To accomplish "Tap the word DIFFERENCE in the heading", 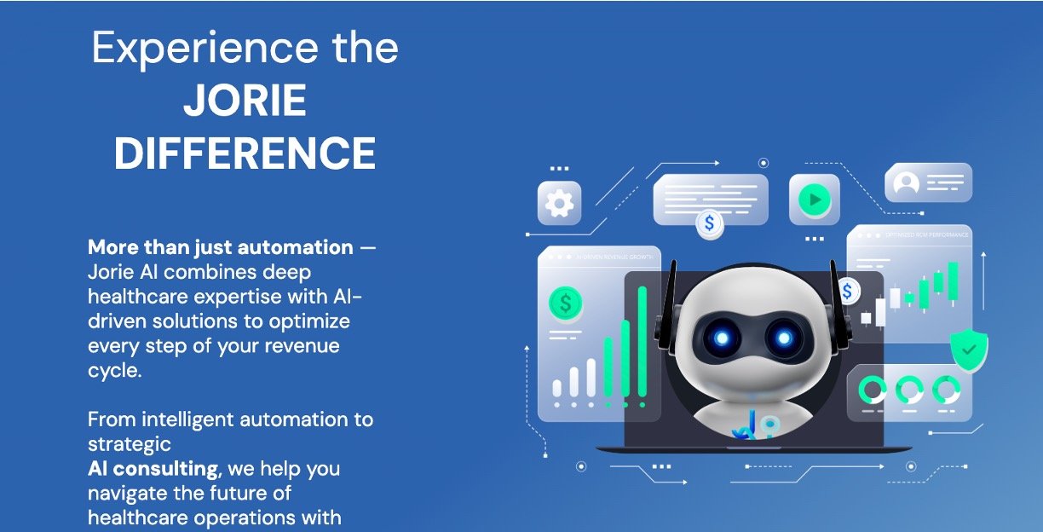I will click(x=245, y=154).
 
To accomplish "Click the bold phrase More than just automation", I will click(x=220, y=248).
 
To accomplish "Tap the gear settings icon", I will click(x=559, y=203).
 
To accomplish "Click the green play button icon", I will click(x=814, y=200).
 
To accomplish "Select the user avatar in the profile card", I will click(x=906, y=183).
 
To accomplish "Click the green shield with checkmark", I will click(x=969, y=350).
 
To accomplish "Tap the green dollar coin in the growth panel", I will click(x=565, y=302).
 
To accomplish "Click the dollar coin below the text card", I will click(x=709, y=223).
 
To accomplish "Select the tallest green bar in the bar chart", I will click(x=643, y=341).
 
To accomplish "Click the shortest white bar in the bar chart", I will click(x=557, y=388).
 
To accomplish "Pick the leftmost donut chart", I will click(x=873, y=390).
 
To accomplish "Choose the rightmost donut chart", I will click(x=946, y=390).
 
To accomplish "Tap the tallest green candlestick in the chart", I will click(x=952, y=279).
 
